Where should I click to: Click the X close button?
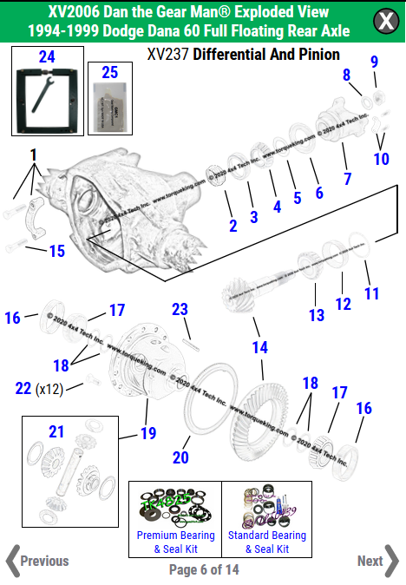point(384,21)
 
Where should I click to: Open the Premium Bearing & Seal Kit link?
point(175,541)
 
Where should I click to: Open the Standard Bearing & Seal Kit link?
point(267,541)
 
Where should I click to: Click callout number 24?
point(46,57)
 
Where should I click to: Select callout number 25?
point(109,72)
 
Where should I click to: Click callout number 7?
point(346,179)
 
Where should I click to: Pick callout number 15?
point(56,251)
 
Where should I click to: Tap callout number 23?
point(180,309)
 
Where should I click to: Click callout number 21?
point(56,431)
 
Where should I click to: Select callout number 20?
point(180,457)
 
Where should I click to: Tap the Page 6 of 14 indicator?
point(204,570)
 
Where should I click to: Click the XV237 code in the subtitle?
point(167,55)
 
